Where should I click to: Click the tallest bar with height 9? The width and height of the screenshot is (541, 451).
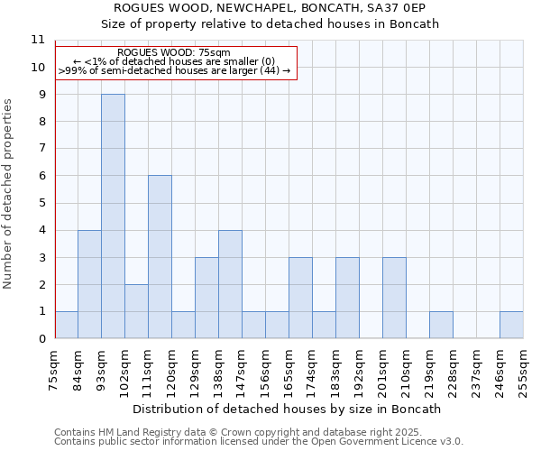[x=113, y=216]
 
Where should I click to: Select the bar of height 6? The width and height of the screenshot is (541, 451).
[x=160, y=257]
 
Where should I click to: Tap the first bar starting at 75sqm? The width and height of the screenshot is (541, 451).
[x=66, y=325]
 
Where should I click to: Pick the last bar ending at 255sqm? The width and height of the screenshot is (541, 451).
[x=511, y=325]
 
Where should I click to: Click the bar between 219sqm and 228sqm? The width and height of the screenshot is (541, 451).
[x=441, y=325]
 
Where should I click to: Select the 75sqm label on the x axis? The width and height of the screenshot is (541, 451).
[x=55, y=370]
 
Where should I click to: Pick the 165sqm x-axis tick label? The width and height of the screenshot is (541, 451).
[x=289, y=372]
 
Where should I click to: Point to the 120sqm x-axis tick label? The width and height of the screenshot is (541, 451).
[x=172, y=372]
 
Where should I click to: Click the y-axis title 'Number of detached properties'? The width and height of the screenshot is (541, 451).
[x=9, y=194]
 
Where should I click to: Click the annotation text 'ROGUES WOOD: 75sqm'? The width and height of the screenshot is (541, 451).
[x=174, y=53]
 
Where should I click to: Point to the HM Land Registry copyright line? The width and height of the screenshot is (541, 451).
[x=244, y=432]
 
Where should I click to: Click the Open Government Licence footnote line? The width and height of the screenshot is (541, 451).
[x=259, y=442]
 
